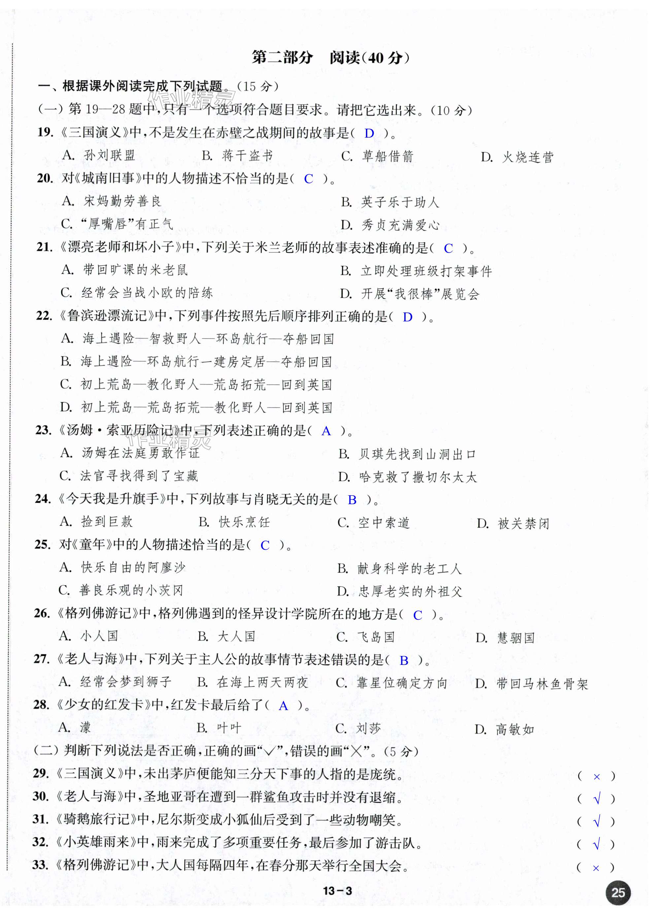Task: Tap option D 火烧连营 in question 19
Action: (517, 157)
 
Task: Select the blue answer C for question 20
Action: (308, 179)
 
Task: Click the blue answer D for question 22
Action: (408, 317)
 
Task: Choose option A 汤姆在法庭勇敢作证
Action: (130, 453)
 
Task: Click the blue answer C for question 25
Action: (265, 545)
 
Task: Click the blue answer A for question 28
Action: (283, 705)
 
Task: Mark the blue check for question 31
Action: (597, 821)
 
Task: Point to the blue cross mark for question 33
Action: (596, 868)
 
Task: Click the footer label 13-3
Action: (337, 891)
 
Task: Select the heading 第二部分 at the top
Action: (282, 58)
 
